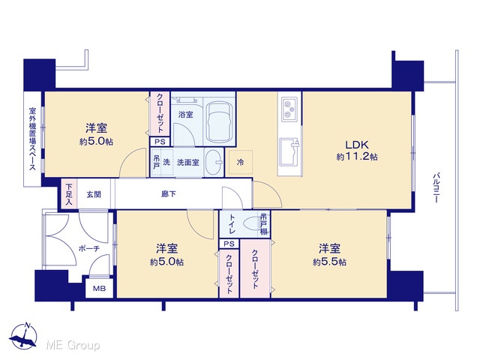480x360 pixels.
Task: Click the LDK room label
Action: tap(357, 145)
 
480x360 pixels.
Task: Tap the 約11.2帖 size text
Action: tap(357, 157)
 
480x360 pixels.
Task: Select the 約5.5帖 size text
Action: tap(330, 262)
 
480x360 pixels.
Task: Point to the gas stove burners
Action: tap(289, 109)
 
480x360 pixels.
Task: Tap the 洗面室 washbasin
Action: tap(214, 163)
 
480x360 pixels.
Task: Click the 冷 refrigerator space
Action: tap(241, 162)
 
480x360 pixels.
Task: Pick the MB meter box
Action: tap(99, 288)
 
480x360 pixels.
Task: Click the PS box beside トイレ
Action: tap(229, 244)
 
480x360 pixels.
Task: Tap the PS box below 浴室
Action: tap(160, 142)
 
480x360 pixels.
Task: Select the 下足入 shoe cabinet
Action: tap(69, 194)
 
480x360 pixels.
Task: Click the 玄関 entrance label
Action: tap(94, 194)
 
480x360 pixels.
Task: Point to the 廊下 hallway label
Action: tap(169, 194)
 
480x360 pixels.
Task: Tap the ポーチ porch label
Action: tap(89, 248)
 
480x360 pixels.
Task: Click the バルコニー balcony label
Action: tap(436, 188)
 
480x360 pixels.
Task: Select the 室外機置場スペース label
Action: tap(32, 138)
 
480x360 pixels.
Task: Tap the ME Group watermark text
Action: tap(73, 345)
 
